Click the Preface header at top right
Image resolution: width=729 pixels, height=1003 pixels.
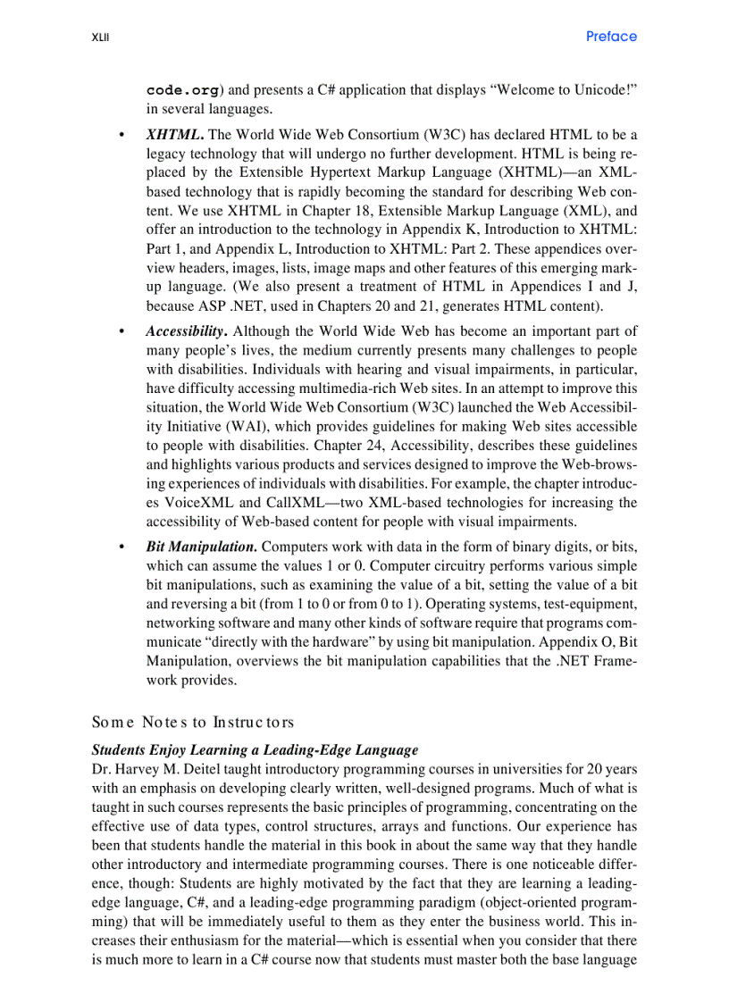(x=611, y=37)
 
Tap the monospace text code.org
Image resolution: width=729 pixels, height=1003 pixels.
(x=181, y=90)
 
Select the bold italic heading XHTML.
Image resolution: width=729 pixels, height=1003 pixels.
(x=174, y=135)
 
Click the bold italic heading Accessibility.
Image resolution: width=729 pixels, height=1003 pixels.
(x=185, y=330)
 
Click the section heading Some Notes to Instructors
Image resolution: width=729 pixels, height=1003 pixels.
(x=193, y=722)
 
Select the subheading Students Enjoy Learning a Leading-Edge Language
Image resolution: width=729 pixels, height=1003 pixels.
(x=255, y=749)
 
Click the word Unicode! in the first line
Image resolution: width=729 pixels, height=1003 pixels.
(x=602, y=90)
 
